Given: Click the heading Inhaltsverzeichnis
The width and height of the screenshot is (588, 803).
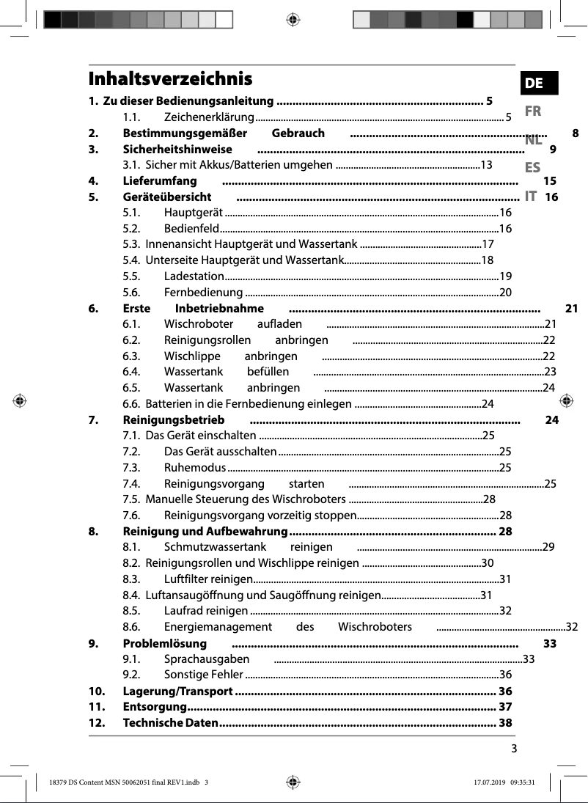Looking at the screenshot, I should [170, 78].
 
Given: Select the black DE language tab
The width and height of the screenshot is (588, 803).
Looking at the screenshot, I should [534, 83].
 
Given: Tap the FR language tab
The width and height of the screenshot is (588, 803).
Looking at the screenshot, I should [533, 111].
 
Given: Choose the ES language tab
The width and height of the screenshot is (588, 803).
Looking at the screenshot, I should [533, 168].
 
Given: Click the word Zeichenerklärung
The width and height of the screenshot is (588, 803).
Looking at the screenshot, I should [208, 117].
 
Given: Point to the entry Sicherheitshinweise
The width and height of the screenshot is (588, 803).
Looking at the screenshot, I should [177, 149].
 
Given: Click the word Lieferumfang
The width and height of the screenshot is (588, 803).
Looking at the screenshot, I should [159, 180].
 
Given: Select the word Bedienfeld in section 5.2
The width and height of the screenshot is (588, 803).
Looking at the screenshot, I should [191, 228].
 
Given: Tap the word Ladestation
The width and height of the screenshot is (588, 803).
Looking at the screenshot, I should [194, 276].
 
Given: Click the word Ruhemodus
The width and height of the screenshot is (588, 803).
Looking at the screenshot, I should [194, 467].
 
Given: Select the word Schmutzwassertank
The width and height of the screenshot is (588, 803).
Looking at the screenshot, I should [215, 546].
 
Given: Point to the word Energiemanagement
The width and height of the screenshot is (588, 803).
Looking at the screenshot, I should [218, 626].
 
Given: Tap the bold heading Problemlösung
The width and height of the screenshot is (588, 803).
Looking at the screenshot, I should [164, 643].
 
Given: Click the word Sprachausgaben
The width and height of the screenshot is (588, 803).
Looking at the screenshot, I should [206, 659].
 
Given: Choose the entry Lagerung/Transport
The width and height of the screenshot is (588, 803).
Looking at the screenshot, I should [177, 691].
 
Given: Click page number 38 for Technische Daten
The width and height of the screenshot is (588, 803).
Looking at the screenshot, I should [505, 723].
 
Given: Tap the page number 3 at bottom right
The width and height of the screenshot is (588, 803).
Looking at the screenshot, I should [514, 748].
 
